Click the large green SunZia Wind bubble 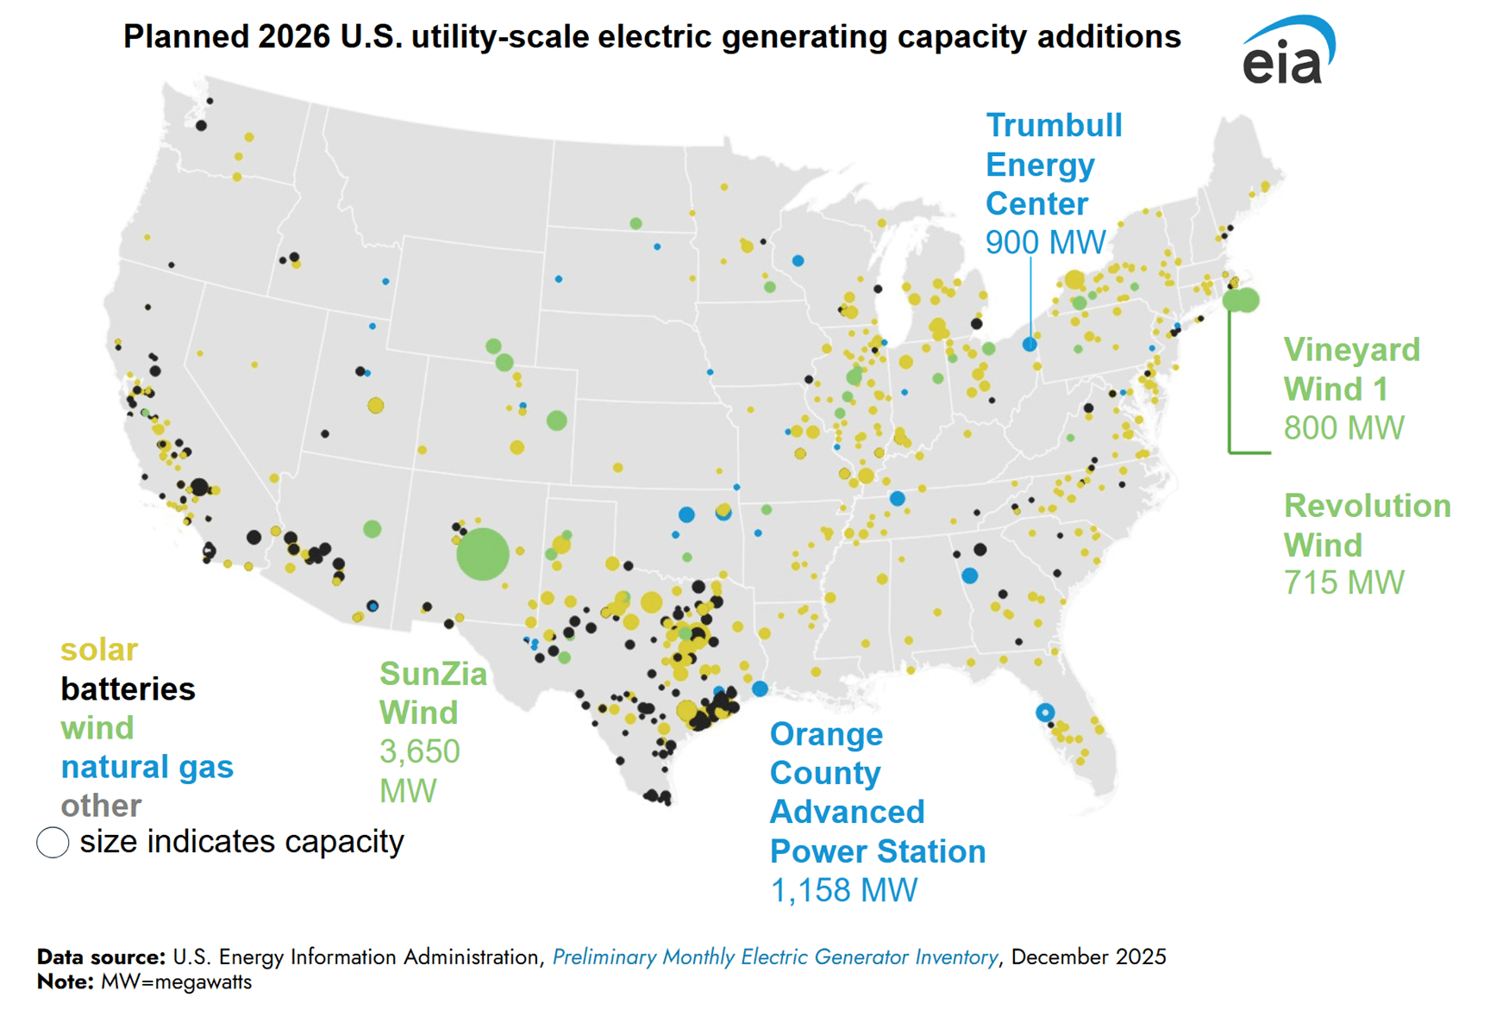click(483, 553)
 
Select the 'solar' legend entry click(98, 650)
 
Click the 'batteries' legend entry click(128, 689)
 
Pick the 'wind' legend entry click(97, 728)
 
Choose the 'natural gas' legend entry click(147, 767)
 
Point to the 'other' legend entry click(101, 806)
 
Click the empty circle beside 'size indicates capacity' click(53, 842)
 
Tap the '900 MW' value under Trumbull click(1045, 243)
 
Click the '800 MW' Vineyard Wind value click(1343, 428)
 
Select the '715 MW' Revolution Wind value click(1343, 583)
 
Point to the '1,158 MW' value click(843, 891)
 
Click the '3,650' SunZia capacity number click(420, 752)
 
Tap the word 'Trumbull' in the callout click(1054, 126)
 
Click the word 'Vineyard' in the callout click(1351, 351)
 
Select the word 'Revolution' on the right click(1367, 506)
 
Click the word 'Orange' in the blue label click(826, 735)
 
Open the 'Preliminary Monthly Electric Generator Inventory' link click(774, 957)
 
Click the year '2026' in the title click(293, 37)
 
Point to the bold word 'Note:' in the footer click(66, 982)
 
